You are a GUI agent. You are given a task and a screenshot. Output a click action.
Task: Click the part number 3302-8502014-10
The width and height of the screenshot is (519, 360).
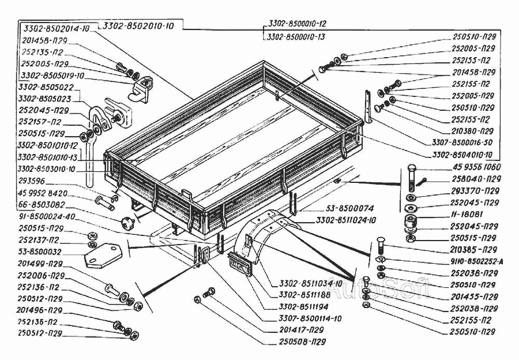[56, 28]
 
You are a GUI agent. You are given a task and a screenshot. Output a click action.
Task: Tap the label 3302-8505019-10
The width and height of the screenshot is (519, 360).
[52, 75]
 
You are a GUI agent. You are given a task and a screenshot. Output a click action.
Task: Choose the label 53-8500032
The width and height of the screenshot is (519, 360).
[39, 252]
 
